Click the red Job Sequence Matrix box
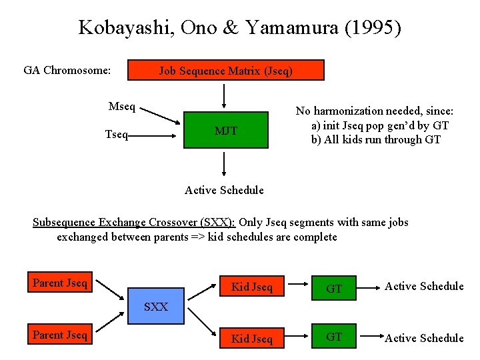coord(225,70)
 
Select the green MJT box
coord(225,131)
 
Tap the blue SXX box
coord(157,307)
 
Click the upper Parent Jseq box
coord(60,283)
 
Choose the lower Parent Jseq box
coord(60,335)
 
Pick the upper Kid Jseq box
coord(251,287)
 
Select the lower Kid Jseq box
coord(251,338)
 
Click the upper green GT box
coord(334,287)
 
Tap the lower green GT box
coord(334,337)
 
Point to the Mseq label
coord(121,107)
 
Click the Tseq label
coord(117,135)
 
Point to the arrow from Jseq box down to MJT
coord(225,95)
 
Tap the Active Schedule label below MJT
coord(224,190)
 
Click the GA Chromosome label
coord(67,70)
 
